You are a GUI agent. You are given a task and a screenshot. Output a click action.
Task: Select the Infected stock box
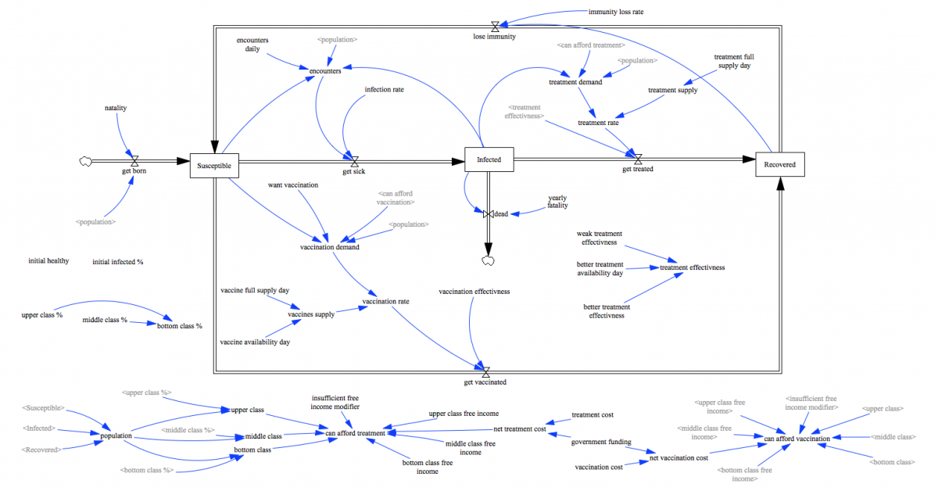[x=489, y=159]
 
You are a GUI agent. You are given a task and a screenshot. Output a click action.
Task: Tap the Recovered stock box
[x=779, y=165]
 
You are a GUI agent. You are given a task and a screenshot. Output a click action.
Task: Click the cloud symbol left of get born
[x=85, y=161]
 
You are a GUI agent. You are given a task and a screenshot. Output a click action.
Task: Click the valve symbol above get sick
[x=354, y=161]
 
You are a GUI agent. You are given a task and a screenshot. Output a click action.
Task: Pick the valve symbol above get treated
[x=638, y=159]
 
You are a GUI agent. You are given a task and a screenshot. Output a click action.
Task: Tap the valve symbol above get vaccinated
[x=485, y=372]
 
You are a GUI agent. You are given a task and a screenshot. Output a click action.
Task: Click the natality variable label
[x=116, y=107]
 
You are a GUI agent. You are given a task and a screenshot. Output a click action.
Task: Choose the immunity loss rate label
[x=616, y=12]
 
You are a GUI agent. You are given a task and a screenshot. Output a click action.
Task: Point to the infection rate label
[x=384, y=89]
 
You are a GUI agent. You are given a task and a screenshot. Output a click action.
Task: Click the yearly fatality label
[x=557, y=202]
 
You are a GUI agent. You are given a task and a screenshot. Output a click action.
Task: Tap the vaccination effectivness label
[x=474, y=292]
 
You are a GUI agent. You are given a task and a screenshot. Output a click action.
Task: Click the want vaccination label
[x=293, y=185]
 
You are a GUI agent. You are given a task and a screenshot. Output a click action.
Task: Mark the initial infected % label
[x=117, y=262]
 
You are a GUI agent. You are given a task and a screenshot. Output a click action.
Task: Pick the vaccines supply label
[x=311, y=314]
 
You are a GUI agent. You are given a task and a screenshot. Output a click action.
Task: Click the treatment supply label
[x=672, y=90]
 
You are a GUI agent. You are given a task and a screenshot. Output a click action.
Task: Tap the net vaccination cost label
[x=678, y=457]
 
